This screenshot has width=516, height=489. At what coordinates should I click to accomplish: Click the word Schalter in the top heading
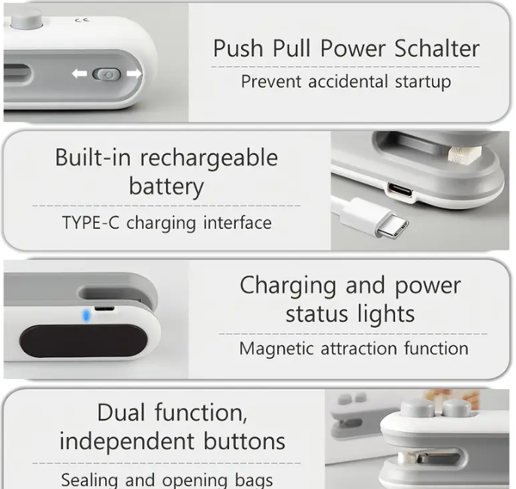click(436, 48)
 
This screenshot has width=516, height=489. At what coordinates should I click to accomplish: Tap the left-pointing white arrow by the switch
click(80, 74)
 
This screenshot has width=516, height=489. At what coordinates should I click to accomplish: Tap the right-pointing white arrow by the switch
click(134, 74)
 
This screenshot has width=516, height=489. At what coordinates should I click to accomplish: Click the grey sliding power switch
click(107, 74)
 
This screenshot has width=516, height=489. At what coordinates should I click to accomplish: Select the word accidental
click(348, 82)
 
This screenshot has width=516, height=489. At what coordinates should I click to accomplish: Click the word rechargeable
click(210, 158)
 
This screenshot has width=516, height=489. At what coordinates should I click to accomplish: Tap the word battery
click(166, 187)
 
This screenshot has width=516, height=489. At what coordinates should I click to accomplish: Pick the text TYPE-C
click(90, 223)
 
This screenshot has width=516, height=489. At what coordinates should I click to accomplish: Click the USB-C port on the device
click(399, 190)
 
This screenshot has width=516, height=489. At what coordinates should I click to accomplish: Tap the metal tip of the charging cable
click(393, 226)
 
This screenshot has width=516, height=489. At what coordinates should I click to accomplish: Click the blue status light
click(86, 316)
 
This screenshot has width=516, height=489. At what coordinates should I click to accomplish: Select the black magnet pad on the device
click(83, 341)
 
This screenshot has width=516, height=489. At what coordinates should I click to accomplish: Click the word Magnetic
click(276, 348)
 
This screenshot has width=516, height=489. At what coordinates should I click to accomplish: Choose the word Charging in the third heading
click(288, 286)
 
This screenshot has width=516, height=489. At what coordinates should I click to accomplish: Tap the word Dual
click(121, 412)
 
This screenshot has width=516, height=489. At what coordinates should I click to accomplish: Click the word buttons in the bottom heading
click(245, 441)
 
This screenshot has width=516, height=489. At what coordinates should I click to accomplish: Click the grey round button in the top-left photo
click(26, 18)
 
